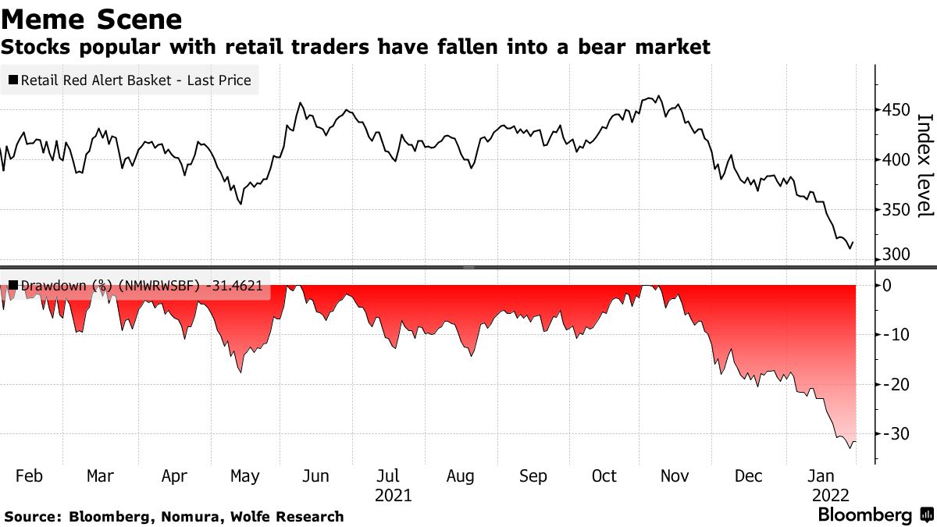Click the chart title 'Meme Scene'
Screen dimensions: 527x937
[x=92, y=19]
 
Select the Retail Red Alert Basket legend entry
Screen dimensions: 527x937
[x=130, y=80]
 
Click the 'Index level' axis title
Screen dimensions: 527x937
[x=925, y=166]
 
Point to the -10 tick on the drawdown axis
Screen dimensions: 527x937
[x=892, y=335]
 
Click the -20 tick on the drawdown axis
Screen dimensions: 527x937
[x=892, y=384]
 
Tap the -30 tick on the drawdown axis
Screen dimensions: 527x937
[x=892, y=433]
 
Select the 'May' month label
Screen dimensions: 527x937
[x=245, y=476]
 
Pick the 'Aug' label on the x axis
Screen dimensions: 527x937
[x=460, y=476]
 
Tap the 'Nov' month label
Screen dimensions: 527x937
[x=675, y=476]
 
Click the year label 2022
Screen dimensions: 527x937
[x=832, y=495]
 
